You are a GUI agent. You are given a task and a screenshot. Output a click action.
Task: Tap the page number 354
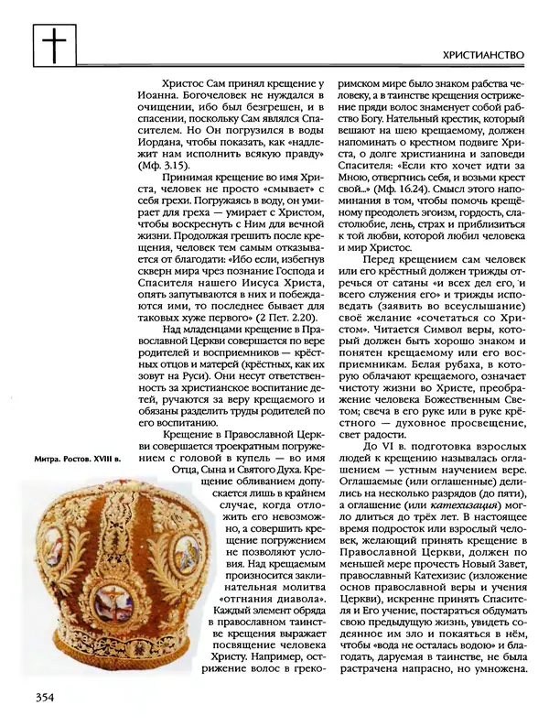pos(45,698)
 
